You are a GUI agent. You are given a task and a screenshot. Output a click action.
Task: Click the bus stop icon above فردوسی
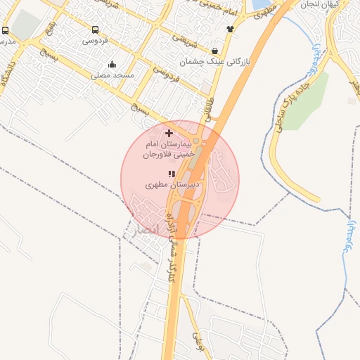[95, 30]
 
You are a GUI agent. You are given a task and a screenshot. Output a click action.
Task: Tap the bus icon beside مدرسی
[6, 31]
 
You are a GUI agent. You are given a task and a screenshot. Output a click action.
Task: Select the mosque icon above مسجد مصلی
[112, 65]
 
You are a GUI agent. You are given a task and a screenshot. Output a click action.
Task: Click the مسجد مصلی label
[112, 75]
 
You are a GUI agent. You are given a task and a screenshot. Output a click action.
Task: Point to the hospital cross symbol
[169, 133]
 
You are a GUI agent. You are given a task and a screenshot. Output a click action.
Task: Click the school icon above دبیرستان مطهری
[171, 174]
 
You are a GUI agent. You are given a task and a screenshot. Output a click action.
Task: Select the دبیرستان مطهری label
[163, 186]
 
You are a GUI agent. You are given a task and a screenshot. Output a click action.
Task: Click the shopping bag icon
[214, 51]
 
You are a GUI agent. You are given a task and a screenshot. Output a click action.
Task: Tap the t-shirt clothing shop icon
[230, 29]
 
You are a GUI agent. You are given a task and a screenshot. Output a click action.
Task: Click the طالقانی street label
[207, 111]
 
